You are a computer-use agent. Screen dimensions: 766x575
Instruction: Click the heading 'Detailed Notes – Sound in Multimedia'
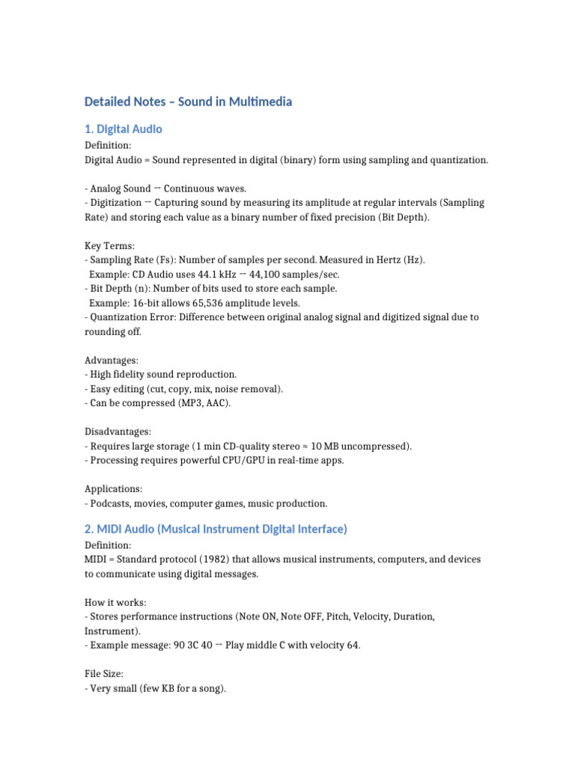[x=188, y=102]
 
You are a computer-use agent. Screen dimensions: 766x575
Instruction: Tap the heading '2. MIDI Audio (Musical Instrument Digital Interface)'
[x=216, y=529]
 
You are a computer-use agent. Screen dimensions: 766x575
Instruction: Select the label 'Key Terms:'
[x=109, y=245]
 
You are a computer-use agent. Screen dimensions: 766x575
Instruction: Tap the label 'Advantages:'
[x=112, y=361]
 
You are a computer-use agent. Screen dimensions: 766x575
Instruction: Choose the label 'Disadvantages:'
[x=118, y=432]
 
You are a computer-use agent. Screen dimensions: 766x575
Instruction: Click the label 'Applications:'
[x=113, y=489]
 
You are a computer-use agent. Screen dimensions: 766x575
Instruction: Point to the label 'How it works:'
[x=115, y=602]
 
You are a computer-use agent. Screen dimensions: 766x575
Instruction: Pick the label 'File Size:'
[x=108, y=674]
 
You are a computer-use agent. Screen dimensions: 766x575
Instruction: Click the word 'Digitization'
[x=115, y=203]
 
